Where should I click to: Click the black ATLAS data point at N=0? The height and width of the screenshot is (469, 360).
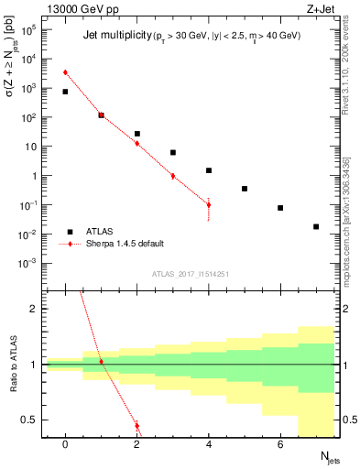[65, 92]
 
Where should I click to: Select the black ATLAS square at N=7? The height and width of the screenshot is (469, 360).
[316, 226]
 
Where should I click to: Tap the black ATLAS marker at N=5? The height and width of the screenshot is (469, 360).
[245, 189]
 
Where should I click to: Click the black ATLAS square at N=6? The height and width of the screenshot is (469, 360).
[280, 208]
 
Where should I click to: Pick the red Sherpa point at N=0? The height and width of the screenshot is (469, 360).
[65, 72]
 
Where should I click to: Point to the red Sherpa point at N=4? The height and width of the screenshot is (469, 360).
[209, 205]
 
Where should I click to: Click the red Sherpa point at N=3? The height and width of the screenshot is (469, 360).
[173, 176]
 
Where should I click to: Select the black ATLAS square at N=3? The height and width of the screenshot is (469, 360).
[173, 152]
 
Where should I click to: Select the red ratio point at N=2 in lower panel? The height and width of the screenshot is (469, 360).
[137, 426]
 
